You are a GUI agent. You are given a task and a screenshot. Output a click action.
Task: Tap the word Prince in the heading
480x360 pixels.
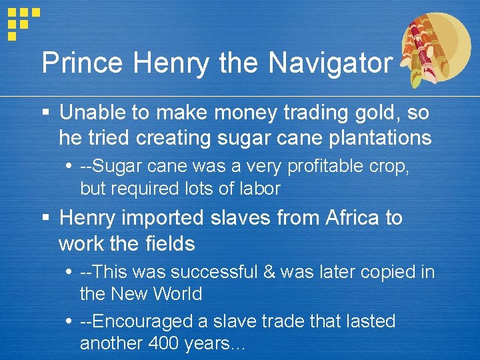point(81,63)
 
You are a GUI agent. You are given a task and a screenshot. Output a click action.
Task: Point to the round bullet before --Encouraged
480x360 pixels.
point(70,321)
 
